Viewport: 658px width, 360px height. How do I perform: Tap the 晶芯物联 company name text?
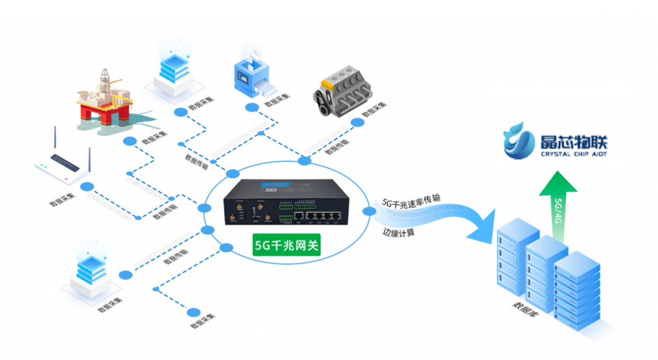pos(573,141)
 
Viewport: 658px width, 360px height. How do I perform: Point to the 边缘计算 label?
pos(399,231)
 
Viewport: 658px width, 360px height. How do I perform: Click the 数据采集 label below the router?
pos(63,198)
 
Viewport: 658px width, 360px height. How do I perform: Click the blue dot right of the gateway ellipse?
pos(369,211)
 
